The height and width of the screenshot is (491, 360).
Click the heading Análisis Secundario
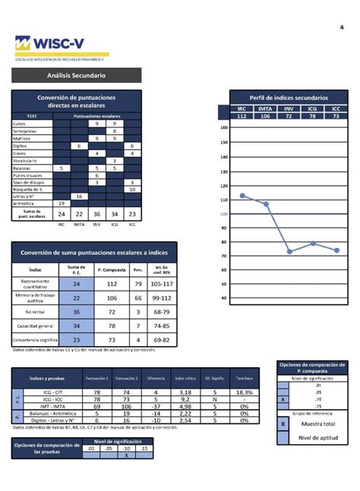(76, 76)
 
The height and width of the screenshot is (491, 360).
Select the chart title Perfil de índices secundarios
(289, 98)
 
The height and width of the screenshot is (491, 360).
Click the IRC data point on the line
(242, 195)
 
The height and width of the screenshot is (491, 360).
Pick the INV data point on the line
(289, 251)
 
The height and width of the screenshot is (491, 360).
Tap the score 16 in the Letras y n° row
(79, 196)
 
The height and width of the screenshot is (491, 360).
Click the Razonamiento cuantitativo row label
(35, 284)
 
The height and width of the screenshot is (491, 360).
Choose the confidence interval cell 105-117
(160, 284)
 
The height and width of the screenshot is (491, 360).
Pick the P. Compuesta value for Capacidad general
(112, 325)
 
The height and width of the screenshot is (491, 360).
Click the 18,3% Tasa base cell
(244, 392)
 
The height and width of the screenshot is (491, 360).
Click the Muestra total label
(317, 423)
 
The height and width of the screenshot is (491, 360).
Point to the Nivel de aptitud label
(317, 437)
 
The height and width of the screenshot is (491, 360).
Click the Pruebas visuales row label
(29, 175)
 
